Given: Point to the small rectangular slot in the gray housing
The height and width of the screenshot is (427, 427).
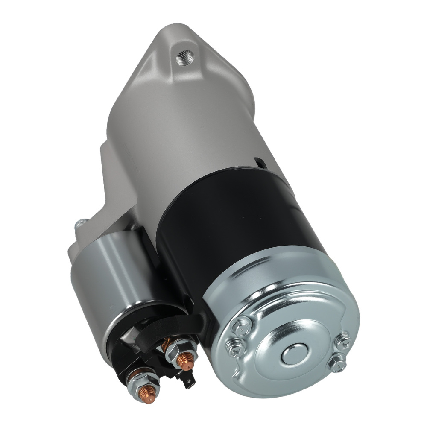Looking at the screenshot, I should click(259, 162).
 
